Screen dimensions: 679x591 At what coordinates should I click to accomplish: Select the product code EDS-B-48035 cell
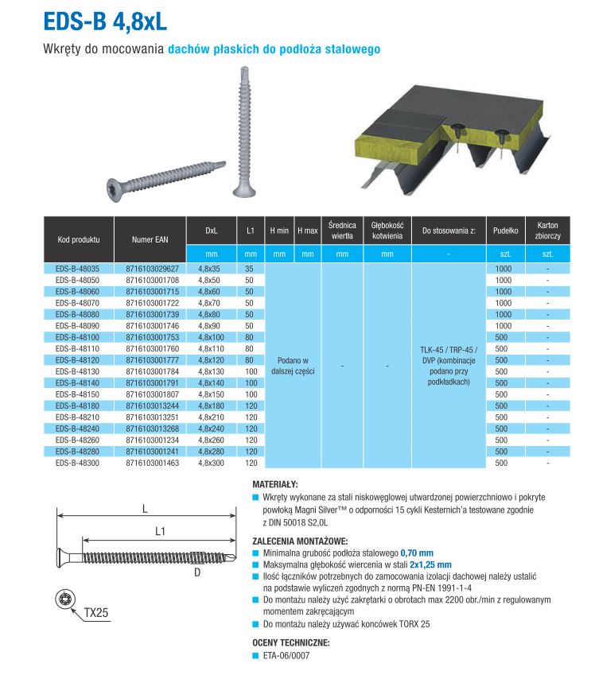(78, 269)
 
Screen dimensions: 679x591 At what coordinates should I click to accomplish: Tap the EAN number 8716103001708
(152, 281)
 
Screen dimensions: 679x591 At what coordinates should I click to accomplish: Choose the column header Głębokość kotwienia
(387, 231)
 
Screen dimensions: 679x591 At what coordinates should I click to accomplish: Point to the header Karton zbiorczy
(547, 231)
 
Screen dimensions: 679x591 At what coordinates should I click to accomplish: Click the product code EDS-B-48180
(78, 405)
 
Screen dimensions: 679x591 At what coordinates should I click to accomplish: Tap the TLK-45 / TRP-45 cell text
(448, 349)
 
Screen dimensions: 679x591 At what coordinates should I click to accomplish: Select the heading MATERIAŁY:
(275, 483)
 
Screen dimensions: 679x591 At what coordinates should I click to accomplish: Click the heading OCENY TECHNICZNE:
(290, 643)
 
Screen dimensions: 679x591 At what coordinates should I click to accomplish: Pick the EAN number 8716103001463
(152, 462)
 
